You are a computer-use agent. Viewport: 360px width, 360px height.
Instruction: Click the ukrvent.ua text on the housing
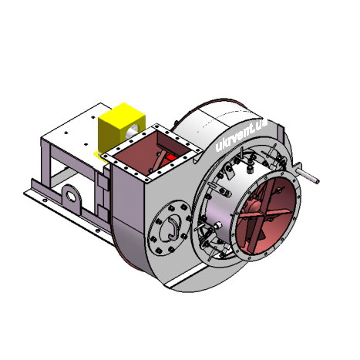click(x=241, y=136)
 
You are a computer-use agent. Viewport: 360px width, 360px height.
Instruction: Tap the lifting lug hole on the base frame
click(x=71, y=197)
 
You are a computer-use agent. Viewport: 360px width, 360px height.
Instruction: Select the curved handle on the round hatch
click(x=173, y=227)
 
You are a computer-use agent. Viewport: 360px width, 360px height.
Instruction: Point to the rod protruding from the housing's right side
click(x=308, y=175)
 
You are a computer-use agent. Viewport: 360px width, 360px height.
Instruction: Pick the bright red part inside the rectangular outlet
click(x=171, y=157)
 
